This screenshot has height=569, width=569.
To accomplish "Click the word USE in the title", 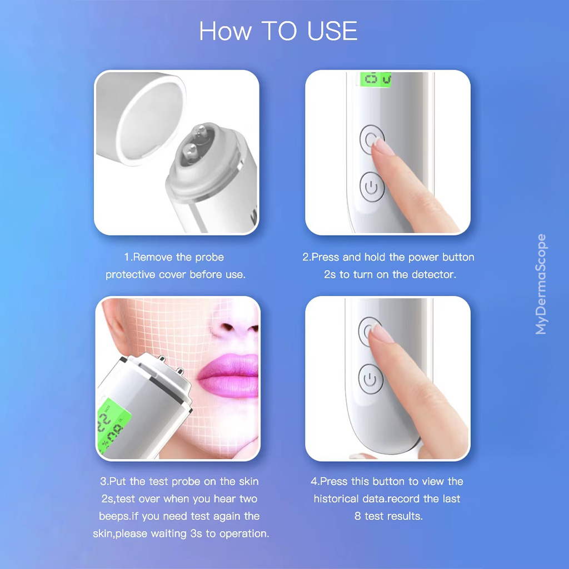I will tap(329, 31).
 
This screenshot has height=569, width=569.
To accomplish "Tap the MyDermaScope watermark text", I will tap(541, 284).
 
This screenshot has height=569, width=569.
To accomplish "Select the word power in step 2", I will tap(424, 257).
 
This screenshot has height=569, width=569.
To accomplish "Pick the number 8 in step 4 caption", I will tap(358, 516).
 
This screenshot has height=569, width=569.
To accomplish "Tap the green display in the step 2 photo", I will tap(376, 79).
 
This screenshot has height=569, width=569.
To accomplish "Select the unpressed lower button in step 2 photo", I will tap(372, 187).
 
